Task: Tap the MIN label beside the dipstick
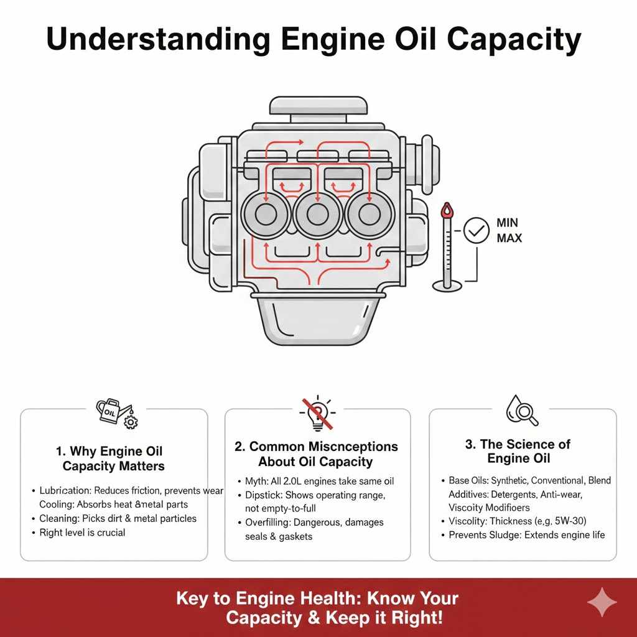click(508, 223)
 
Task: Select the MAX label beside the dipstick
click(509, 238)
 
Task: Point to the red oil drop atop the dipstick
click(445, 210)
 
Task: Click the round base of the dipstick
click(447, 286)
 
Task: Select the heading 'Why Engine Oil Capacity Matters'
click(113, 458)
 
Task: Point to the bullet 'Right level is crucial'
click(82, 532)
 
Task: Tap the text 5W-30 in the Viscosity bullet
click(568, 521)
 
